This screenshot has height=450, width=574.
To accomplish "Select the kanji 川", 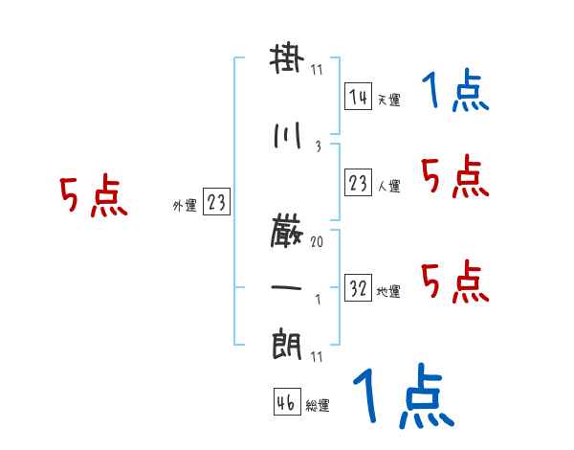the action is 287,135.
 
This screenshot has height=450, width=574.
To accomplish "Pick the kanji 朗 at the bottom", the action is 287,342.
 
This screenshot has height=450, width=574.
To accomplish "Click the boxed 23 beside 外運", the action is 217,202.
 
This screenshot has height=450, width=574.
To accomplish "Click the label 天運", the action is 388,100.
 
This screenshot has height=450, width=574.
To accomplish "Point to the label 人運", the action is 388,186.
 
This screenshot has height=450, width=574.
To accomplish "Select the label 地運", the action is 388,292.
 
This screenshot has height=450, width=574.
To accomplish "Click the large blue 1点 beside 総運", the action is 402,397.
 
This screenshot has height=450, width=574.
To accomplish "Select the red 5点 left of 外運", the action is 93,197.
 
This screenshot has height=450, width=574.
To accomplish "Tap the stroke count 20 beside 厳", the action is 316,243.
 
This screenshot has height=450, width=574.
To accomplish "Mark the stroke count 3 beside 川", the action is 317,146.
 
